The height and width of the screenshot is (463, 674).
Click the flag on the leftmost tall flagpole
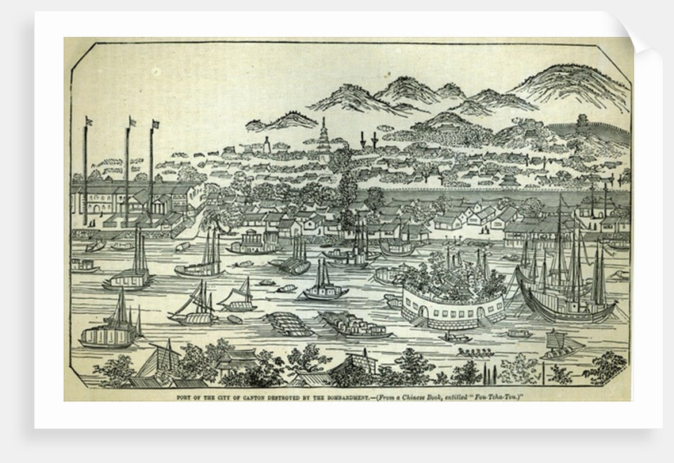89,122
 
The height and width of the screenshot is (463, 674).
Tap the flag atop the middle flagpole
132,121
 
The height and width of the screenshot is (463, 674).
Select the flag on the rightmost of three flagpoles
155,124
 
